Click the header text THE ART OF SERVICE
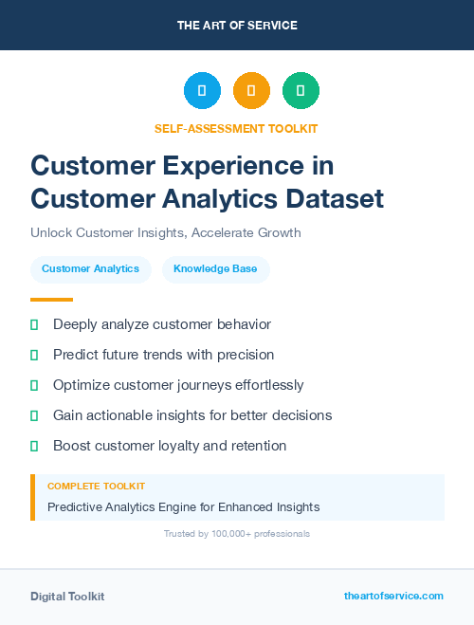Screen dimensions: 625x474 (x=237, y=26)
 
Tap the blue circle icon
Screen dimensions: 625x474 (x=202, y=91)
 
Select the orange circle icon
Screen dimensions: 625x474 (x=251, y=91)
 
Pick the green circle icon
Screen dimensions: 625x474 (x=301, y=91)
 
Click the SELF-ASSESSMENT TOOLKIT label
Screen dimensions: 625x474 (x=237, y=128)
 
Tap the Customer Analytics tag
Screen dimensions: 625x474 (x=90, y=269)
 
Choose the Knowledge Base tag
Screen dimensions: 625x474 (x=215, y=269)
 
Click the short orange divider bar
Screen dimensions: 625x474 (x=51, y=299)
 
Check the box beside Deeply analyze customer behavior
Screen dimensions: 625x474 (x=34, y=324)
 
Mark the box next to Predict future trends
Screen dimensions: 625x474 (x=34, y=355)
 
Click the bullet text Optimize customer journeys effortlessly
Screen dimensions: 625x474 (x=178, y=385)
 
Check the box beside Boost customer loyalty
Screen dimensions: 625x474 (x=34, y=446)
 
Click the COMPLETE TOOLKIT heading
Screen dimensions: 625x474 (x=96, y=487)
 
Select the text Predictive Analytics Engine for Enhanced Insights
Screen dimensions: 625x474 (x=183, y=507)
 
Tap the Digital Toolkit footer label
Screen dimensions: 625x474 (x=67, y=597)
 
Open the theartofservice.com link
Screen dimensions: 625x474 (x=393, y=596)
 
